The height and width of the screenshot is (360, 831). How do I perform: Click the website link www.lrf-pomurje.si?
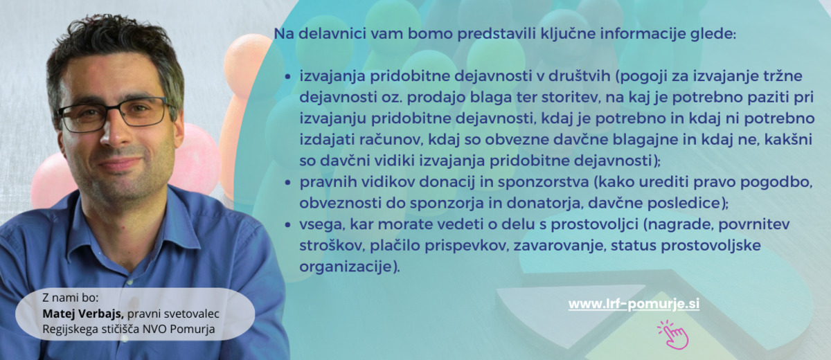[x=634, y=305]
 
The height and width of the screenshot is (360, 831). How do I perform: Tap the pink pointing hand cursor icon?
[x=673, y=335]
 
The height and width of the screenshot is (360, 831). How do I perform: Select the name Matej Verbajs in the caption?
[x=83, y=314]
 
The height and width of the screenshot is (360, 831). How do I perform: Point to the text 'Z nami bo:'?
[x=71, y=298]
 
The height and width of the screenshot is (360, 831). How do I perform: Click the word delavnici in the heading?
[x=332, y=34]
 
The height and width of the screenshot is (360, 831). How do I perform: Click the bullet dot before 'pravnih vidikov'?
[x=287, y=182]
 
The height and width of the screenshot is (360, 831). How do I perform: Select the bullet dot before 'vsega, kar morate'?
[x=287, y=225]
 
